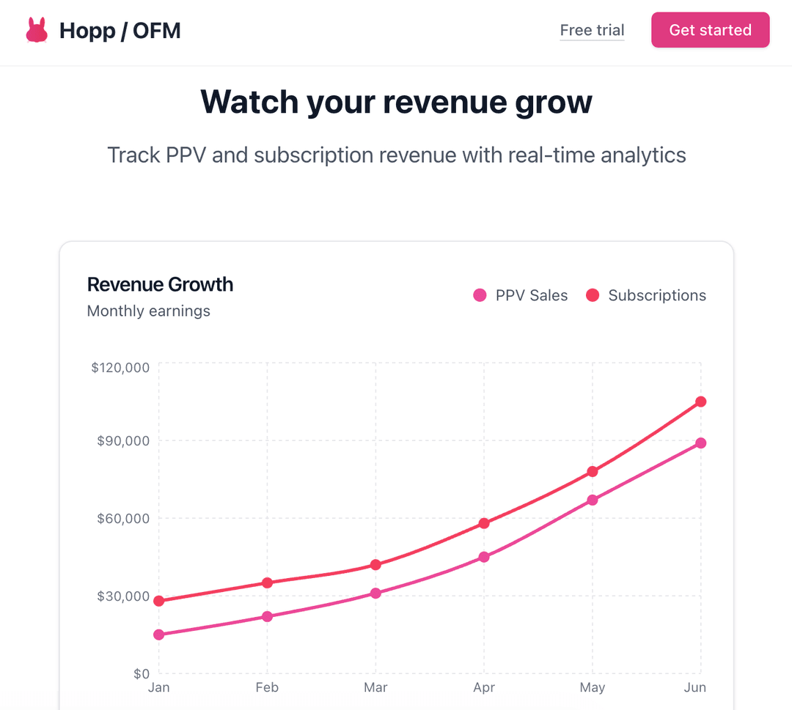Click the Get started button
710,30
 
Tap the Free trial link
592,30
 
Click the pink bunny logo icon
36,30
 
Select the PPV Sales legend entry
521,295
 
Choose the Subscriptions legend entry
646,295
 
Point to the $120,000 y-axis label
120,367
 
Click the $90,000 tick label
123,440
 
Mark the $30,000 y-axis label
123,596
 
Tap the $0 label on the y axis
142,673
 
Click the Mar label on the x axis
375,687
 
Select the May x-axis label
593,687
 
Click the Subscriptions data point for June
701,402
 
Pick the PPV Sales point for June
701,443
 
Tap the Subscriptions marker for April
484,523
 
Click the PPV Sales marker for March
375,593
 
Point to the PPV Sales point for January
159,635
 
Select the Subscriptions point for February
267,583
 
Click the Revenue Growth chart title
160,284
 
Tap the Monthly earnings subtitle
148,311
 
